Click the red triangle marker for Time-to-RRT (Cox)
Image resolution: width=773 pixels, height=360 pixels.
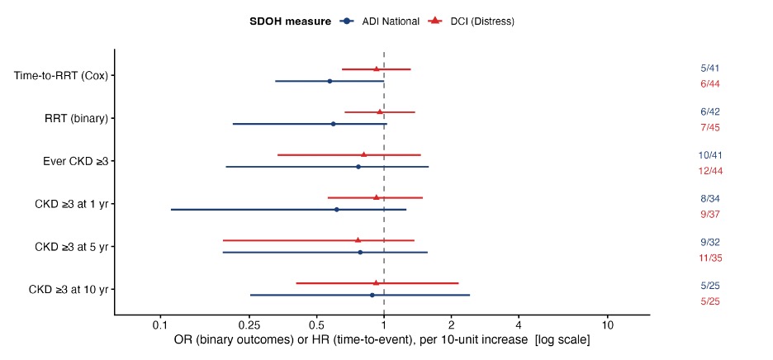376,69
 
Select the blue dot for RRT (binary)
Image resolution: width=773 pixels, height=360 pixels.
334,124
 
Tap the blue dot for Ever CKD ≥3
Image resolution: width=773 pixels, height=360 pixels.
358,167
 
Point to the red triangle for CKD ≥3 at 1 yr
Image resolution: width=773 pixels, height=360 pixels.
376,197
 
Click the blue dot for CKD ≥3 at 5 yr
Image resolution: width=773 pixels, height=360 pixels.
360,253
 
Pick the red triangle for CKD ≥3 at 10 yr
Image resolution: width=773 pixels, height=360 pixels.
376,282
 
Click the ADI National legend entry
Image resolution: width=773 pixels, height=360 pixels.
380,21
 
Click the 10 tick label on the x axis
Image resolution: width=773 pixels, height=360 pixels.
607,326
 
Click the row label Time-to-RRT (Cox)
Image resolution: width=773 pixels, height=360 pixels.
61,75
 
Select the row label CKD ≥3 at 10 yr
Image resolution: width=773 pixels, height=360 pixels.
69,289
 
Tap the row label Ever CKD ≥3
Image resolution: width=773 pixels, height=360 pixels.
75,161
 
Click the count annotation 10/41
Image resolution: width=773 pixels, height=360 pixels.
710,155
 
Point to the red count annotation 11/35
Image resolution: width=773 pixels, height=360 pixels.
710,258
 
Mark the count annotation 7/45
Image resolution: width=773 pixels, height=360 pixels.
710,128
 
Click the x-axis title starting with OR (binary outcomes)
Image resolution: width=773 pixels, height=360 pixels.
382,341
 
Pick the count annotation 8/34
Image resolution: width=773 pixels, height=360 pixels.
710,199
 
